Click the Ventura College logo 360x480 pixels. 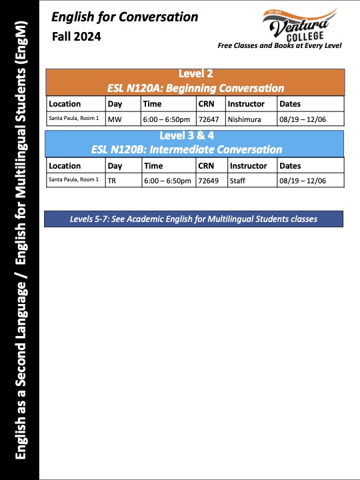click(299, 25)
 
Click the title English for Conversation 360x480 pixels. click(125, 17)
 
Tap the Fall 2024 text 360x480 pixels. click(77, 37)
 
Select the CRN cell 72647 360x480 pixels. click(209, 119)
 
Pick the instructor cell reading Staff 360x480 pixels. click(237, 180)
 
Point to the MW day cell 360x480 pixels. click(115, 119)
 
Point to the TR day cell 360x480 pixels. click(112, 180)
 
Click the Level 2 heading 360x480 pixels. click(195, 74)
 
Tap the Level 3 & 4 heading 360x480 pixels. click(195, 137)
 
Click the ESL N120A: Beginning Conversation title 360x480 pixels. click(195, 87)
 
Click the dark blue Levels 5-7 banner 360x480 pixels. click(193, 219)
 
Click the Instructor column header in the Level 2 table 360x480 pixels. click(245, 104)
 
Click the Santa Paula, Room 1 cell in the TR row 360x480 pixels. click(74, 180)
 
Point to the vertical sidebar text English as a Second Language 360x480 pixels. click(21, 370)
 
